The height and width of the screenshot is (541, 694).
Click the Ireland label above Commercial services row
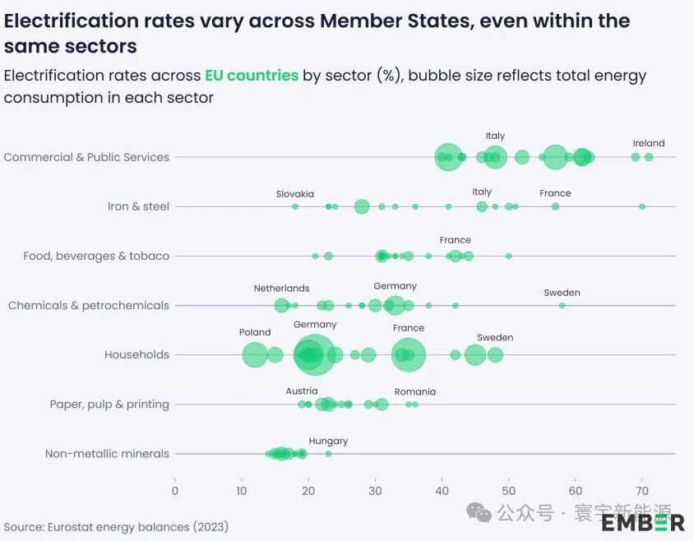pyautogui.click(x=648, y=143)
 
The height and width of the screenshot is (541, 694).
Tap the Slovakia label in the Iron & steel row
pyautogui.click(x=294, y=194)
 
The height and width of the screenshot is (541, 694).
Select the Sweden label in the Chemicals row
pyautogui.click(x=562, y=293)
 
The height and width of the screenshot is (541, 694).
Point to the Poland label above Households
pyautogui.click(x=255, y=332)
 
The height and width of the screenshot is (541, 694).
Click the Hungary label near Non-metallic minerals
pyautogui.click(x=328, y=441)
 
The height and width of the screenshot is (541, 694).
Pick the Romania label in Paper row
pyautogui.click(x=414, y=391)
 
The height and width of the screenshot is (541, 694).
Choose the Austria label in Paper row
pyautogui.click(x=301, y=391)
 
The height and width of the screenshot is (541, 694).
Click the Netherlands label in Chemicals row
pyautogui.click(x=281, y=289)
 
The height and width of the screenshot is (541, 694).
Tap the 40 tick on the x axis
pyautogui.click(x=442, y=491)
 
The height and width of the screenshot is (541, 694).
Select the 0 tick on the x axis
pyautogui.click(x=175, y=491)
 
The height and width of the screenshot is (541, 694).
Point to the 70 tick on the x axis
pyautogui.click(x=642, y=491)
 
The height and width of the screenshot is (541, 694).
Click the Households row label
pyautogui.click(x=136, y=355)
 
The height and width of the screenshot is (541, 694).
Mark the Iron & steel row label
pyautogui.click(x=138, y=206)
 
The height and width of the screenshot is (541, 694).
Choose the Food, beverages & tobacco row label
pyautogui.click(x=96, y=256)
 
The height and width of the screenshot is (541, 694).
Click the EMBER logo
pyautogui.click(x=642, y=521)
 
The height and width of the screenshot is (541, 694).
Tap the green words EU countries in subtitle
pyautogui.click(x=251, y=76)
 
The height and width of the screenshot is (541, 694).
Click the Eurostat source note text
pyautogui.click(x=116, y=526)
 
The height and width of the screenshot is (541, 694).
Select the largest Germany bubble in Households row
pyautogui.click(x=313, y=355)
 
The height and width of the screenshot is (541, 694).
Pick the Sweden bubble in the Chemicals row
pyautogui.click(x=562, y=305)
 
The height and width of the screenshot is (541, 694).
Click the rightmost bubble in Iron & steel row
pyautogui.click(x=642, y=206)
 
